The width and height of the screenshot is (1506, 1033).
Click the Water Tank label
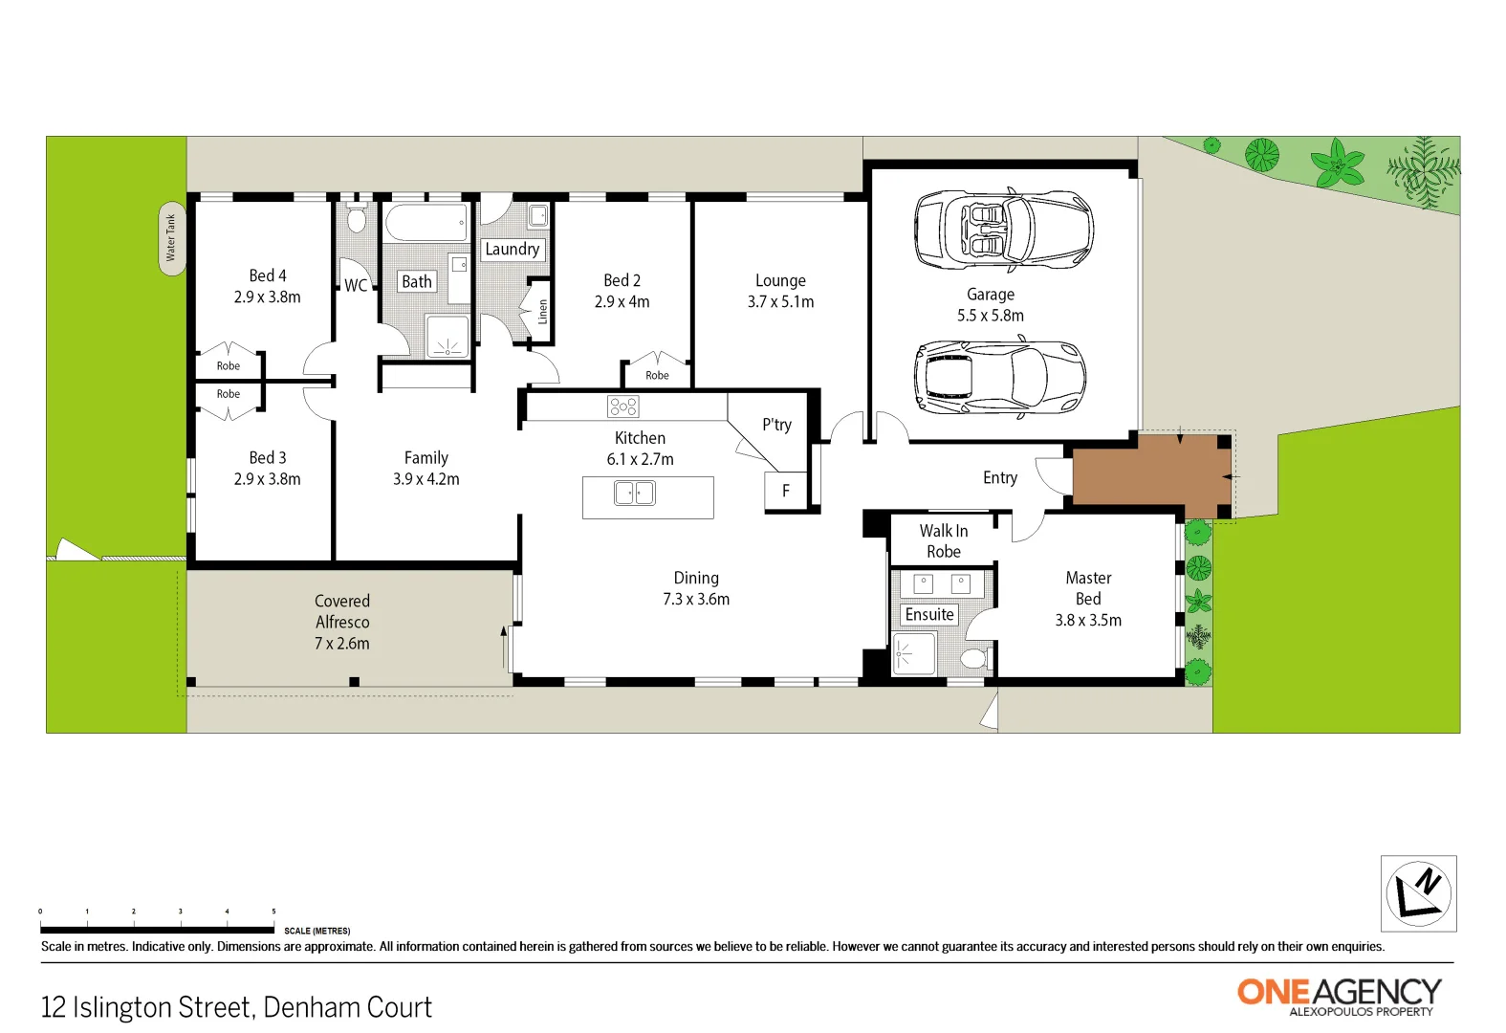[171, 238]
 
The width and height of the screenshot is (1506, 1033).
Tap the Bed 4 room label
[268, 276]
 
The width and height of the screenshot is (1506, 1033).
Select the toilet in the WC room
[357, 218]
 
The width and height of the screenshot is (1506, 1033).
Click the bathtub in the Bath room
[426, 222]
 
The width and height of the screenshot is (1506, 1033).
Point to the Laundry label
[513, 250]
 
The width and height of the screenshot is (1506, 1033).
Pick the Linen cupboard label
[543, 311]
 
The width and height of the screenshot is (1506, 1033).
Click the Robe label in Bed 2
[657, 376]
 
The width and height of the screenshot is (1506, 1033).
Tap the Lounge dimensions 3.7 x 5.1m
[780, 302]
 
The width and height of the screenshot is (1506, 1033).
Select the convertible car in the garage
[1003, 230]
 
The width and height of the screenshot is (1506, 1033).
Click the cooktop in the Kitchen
[622, 407]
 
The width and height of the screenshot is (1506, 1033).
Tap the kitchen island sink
[635, 494]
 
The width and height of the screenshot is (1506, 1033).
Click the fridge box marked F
[786, 491]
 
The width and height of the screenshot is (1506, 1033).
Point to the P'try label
[776, 425]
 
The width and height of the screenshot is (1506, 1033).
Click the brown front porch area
[1150, 475]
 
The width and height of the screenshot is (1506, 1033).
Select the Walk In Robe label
[944, 541]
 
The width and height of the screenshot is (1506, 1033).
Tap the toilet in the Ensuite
[972, 658]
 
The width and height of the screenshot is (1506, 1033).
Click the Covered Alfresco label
[342, 622]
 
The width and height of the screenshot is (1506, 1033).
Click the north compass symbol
[1419, 893]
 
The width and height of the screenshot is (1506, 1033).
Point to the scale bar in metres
[158, 929]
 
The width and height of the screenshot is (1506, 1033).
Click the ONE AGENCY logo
[1339, 995]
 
